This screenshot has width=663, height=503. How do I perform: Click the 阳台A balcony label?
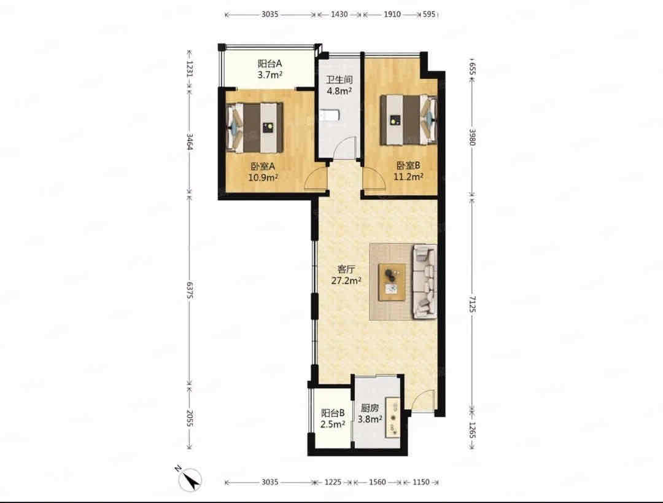(x=269, y=69)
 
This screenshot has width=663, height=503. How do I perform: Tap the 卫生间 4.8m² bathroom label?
(x=339, y=85)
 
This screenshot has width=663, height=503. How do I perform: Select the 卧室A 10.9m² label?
(x=263, y=172)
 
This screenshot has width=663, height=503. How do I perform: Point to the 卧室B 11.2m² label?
(x=408, y=171)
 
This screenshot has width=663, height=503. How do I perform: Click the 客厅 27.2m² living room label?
(x=346, y=275)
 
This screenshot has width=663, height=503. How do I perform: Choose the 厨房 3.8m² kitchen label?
(x=370, y=413)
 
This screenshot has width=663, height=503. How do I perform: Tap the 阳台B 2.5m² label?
(x=332, y=418)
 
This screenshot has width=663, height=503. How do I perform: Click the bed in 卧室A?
(x=255, y=127)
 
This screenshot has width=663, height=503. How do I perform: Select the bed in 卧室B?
(x=408, y=119)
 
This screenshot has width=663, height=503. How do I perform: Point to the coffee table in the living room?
(x=392, y=282)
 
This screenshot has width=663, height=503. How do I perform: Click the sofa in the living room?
(x=424, y=281)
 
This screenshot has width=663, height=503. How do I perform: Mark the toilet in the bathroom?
(x=328, y=115)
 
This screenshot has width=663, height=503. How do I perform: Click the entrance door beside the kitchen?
(x=423, y=399)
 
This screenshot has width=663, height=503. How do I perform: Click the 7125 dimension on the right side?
(x=472, y=304)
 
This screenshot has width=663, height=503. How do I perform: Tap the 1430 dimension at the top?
(x=339, y=14)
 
